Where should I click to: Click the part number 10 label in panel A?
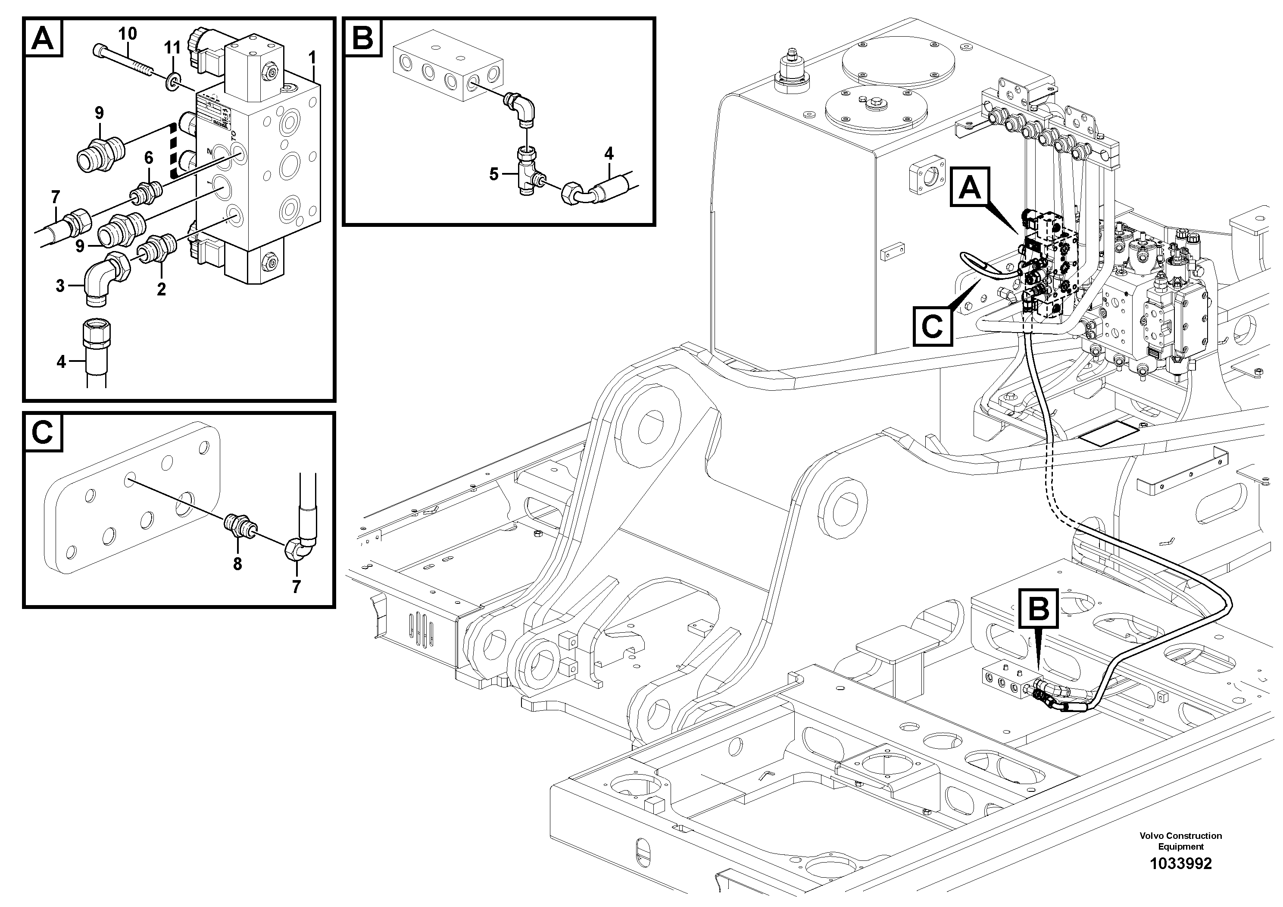(x=128, y=34)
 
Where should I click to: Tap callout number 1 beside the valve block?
(x=312, y=58)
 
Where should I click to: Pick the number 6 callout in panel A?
(x=149, y=158)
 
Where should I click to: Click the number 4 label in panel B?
(x=609, y=153)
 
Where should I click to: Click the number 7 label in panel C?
(x=296, y=587)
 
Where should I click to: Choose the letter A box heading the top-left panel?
(x=44, y=38)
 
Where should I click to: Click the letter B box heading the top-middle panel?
(x=363, y=38)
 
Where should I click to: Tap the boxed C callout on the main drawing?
(x=932, y=326)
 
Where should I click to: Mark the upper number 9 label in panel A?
(x=99, y=113)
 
